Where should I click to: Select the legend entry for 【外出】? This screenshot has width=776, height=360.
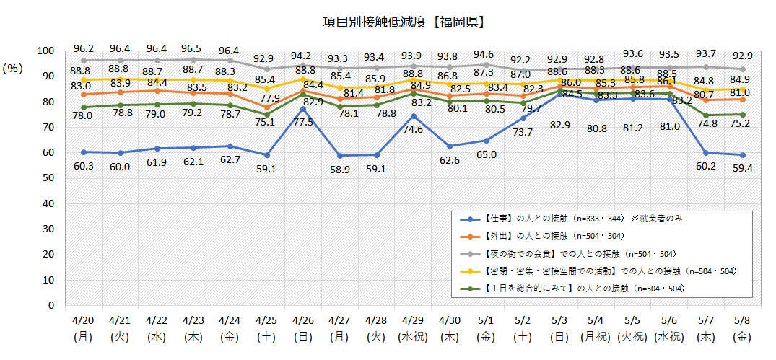tap(531, 235)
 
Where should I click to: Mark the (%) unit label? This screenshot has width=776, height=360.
tap(14, 69)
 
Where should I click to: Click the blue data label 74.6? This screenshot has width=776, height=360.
tap(413, 130)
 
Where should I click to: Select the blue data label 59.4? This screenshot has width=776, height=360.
tap(741, 169)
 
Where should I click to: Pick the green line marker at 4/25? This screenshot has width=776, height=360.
tap(267, 115)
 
